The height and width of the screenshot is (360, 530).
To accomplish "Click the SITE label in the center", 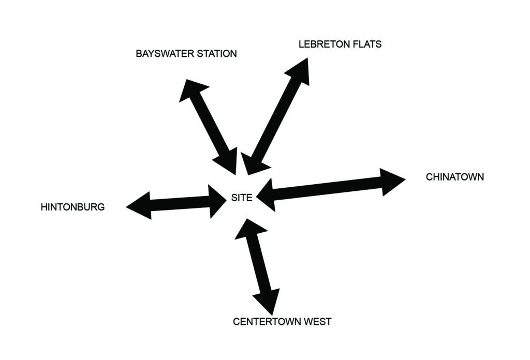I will [x=242, y=197].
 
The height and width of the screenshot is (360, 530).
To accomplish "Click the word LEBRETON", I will [x=321, y=44].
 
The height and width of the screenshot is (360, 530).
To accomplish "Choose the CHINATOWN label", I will [x=455, y=177].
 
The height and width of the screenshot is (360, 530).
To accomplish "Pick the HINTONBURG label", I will [x=72, y=207].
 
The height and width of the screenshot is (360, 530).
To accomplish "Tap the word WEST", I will [x=316, y=322].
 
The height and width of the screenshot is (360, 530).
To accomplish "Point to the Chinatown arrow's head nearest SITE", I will [x=267, y=194].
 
